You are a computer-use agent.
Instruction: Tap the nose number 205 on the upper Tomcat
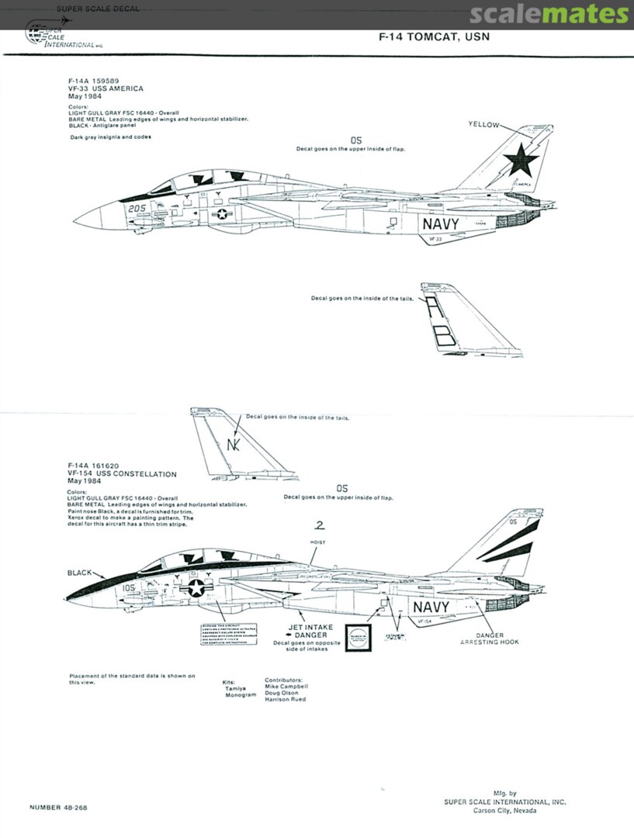(138, 208)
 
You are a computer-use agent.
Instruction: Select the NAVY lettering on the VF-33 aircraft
(440, 223)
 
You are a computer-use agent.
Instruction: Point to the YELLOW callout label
(484, 124)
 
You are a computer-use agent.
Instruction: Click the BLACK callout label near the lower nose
(80, 573)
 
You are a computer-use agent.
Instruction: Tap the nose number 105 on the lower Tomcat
(129, 588)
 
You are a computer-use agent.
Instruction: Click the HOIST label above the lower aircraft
(317, 542)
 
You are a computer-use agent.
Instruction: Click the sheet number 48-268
(61, 807)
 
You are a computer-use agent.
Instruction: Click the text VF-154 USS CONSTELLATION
(123, 474)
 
